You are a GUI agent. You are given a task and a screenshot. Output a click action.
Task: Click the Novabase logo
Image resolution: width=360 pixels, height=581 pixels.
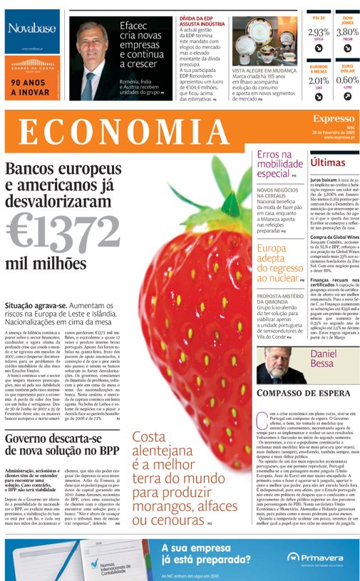point(34,30)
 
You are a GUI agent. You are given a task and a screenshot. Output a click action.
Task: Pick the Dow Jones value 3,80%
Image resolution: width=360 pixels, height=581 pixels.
point(347,32)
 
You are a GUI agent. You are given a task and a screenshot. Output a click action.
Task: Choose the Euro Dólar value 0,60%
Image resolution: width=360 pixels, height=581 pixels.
point(347,81)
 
